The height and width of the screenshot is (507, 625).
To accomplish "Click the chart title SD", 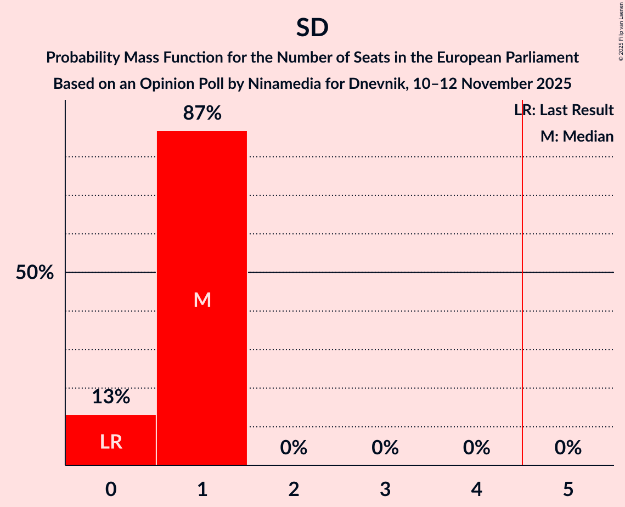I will tap(312, 28).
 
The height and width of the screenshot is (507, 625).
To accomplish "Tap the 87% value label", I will tap(202, 114).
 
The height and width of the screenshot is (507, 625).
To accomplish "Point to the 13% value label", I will tap(111, 397).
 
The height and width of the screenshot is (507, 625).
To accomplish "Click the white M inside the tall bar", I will tap(202, 300).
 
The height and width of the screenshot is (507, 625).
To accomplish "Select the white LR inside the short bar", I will tap(111, 442).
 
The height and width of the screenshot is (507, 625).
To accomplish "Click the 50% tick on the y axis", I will tap(35, 273).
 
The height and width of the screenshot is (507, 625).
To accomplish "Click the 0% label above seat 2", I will tap(294, 448).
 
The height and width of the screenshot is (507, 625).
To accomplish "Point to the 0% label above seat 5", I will tap(568, 448).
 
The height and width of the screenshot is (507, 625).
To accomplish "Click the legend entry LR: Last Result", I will tap(564, 110).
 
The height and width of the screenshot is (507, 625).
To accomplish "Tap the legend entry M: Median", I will tap(577, 136).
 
